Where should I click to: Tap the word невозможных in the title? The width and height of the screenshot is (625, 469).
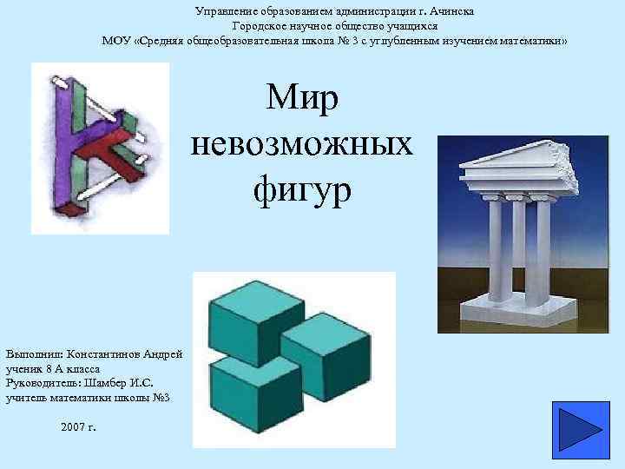301,142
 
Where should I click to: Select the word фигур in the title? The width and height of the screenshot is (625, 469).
302,186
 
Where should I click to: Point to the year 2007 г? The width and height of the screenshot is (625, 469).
80,427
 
